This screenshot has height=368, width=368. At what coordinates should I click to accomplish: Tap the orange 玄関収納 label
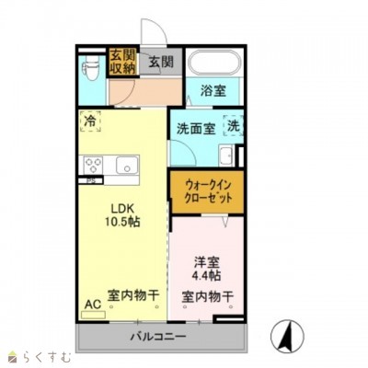pyautogui.click(x=121, y=62)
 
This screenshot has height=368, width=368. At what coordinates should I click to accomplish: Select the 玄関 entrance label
pyautogui.click(x=160, y=62)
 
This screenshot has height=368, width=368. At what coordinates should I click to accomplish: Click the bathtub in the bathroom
pyautogui.click(x=214, y=63)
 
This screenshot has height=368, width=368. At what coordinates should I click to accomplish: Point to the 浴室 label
pyautogui.click(x=214, y=91)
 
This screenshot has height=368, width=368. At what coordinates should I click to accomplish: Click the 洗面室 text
pyautogui.click(x=196, y=129)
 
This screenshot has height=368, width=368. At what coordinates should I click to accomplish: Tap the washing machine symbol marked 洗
pyautogui.click(x=234, y=126)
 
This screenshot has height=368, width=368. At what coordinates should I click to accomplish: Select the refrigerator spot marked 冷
pyautogui.click(x=90, y=121)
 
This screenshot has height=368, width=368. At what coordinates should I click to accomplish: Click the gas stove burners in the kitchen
pyautogui.click(x=93, y=166)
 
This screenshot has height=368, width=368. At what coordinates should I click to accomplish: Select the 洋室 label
pyautogui.click(x=206, y=260)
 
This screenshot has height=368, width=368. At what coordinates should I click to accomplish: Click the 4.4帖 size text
pyautogui.click(x=206, y=276)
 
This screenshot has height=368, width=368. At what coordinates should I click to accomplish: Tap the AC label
pyautogui.click(x=92, y=303)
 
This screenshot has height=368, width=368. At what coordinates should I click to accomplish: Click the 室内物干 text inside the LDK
pyautogui.click(x=133, y=296)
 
